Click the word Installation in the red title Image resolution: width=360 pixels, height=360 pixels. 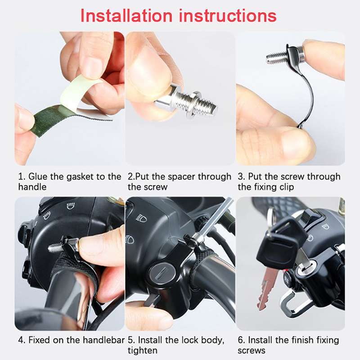tap(126, 16)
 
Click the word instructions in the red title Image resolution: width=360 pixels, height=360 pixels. tap(228, 16)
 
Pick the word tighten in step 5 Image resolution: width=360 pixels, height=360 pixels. tap(143, 351)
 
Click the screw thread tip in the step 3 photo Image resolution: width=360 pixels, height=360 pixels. tap(269, 58)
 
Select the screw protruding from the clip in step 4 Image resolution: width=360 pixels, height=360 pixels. tap(55, 247)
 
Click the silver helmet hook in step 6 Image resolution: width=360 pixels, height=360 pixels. tap(293, 301)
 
